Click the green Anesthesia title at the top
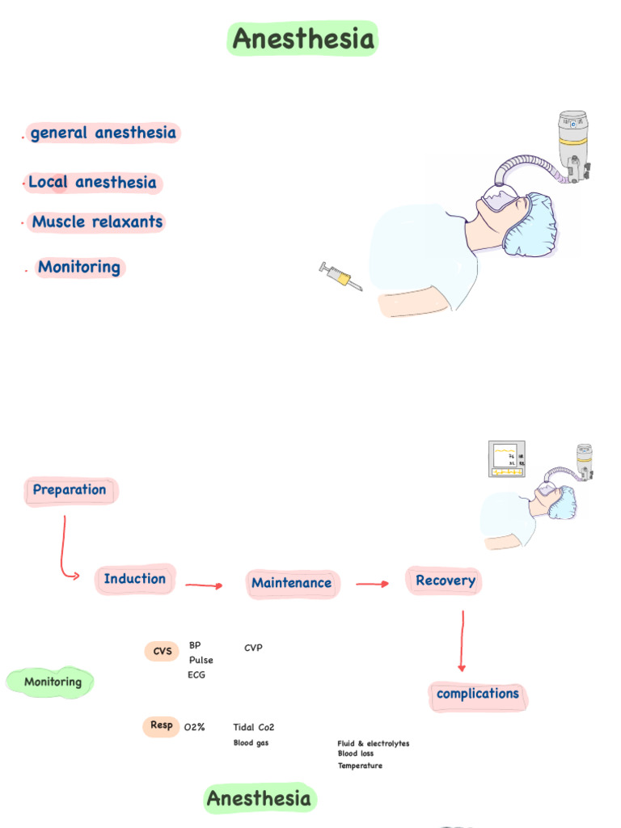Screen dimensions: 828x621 [x=303, y=39]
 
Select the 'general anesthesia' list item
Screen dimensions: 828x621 [x=103, y=133]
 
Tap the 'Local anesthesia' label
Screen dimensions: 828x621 [x=93, y=183]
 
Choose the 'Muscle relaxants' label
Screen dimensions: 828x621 [x=97, y=222]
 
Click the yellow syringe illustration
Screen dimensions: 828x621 [x=340, y=277]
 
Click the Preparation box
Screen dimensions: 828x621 [x=70, y=490]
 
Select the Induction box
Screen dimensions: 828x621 [x=135, y=579]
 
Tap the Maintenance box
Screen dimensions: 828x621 [x=292, y=583]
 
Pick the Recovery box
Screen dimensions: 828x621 [x=445, y=581]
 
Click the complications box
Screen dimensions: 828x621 [x=478, y=695]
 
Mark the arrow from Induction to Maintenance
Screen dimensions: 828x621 [x=204, y=585]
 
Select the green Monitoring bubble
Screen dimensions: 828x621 [x=52, y=682]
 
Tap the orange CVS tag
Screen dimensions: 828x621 [x=163, y=652]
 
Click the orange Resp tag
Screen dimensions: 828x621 [x=162, y=726]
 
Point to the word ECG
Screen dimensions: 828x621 [x=196, y=675]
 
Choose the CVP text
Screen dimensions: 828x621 [x=253, y=648]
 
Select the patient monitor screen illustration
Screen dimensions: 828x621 [x=507, y=459]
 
